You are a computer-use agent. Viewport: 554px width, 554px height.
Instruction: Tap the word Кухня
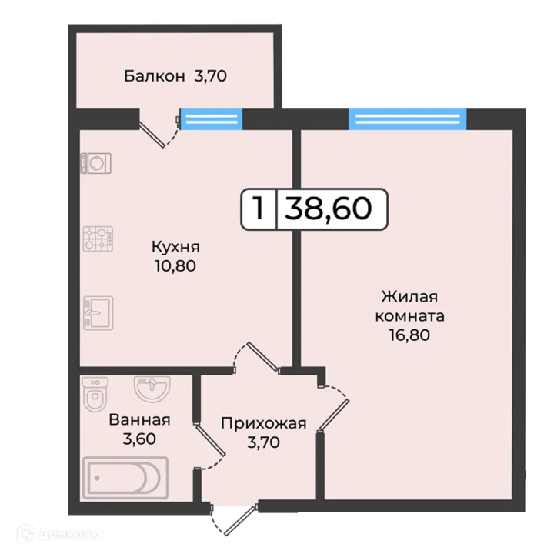click(175, 247)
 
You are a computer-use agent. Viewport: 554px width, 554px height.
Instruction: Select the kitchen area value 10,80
click(175, 266)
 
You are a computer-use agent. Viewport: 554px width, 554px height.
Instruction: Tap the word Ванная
click(139, 420)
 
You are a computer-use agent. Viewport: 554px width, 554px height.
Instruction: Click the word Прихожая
click(264, 422)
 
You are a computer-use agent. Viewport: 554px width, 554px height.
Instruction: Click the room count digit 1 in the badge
click(259, 208)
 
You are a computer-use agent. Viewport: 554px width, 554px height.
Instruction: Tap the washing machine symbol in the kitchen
click(97, 162)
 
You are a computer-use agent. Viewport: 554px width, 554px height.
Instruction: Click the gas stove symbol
click(98, 239)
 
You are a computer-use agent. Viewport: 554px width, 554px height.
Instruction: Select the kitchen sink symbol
click(98, 312)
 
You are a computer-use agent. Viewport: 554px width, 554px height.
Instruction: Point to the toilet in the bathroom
click(95, 395)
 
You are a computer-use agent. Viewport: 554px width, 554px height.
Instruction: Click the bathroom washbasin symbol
click(150, 387)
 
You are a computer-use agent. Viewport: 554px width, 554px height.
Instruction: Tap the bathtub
click(125, 476)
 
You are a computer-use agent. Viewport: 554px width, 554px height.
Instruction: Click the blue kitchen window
click(211, 118)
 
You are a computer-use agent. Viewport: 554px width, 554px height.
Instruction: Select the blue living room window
click(408, 118)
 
